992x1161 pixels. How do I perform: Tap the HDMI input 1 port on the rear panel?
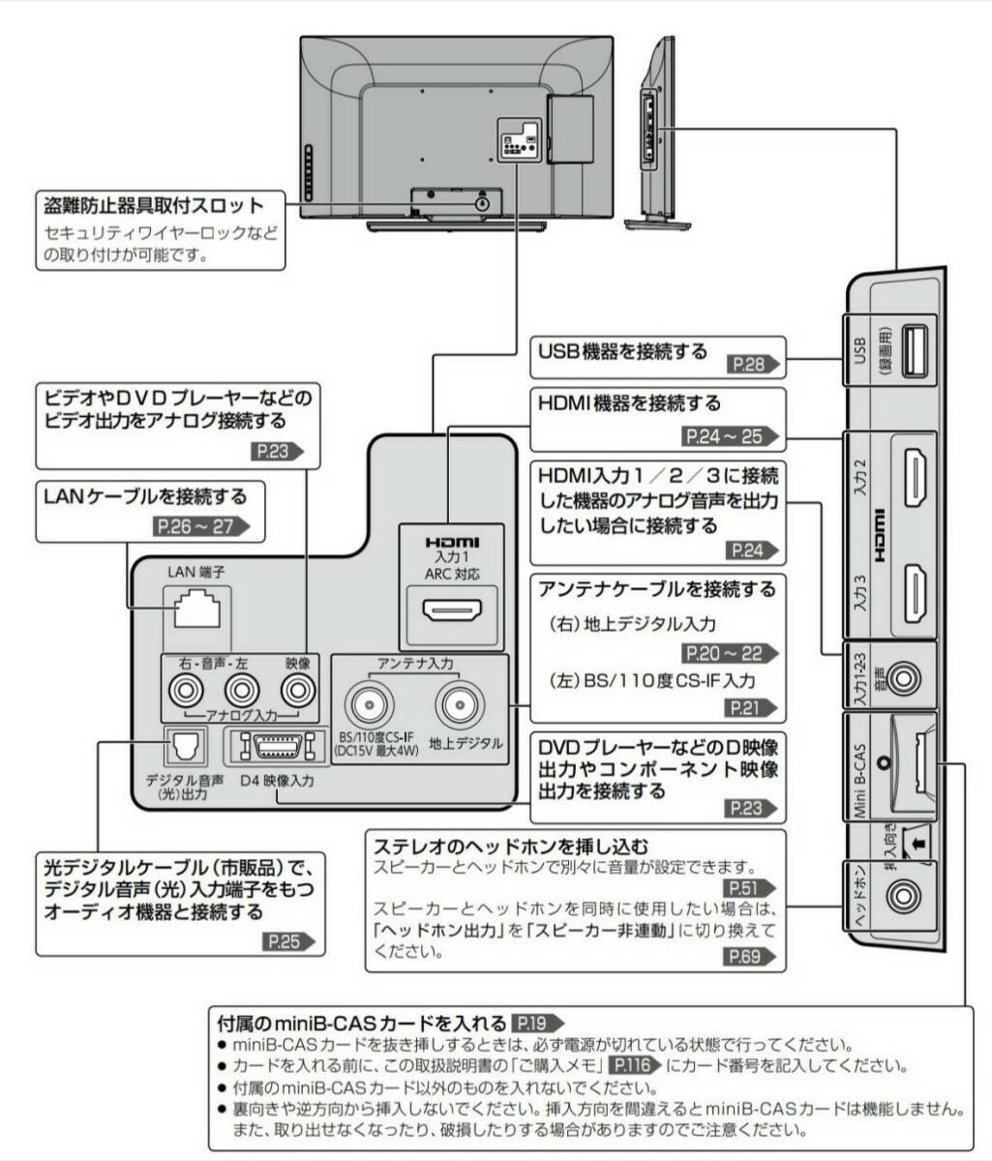pos(452,612)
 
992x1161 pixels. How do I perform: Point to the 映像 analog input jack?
pos(298,691)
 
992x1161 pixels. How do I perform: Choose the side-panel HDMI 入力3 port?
pos(915,592)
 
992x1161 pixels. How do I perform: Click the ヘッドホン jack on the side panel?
pos(903,897)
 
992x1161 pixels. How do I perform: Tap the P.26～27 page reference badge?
pos(202,526)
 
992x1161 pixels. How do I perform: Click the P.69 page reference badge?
pos(750,958)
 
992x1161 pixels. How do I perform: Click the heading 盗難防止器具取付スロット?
pos(154,206)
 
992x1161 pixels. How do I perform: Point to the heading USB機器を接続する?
pos(623,351)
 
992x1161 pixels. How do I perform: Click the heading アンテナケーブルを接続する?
pos(657,588)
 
